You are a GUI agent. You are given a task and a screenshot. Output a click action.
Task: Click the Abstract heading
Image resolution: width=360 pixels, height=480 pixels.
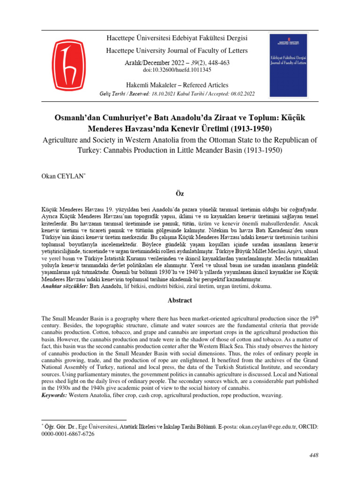pos(180,300)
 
